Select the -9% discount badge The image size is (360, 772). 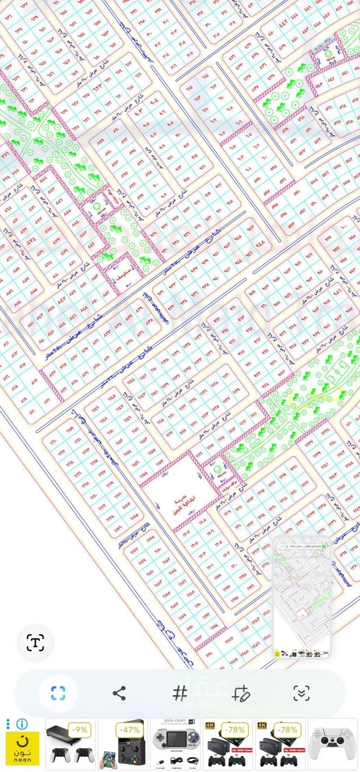click(x=79, y=730)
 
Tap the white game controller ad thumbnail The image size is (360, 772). click(x=333, y=744)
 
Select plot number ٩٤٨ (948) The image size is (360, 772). click(x=260, y=244)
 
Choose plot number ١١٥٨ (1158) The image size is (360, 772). click(x=143, y=474)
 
